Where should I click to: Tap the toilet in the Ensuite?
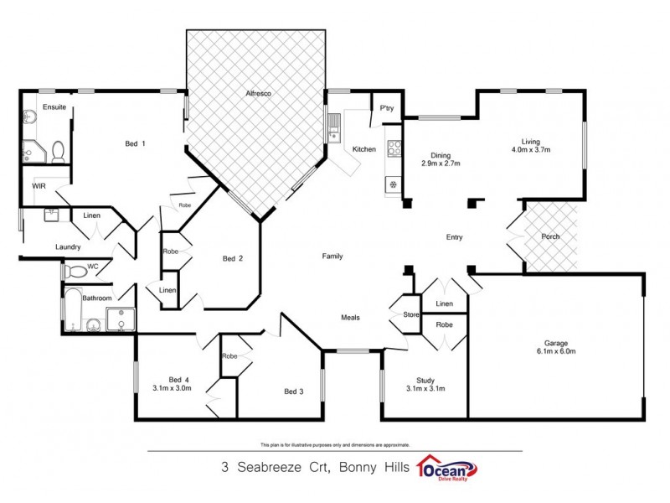pyautogui.click(x=58, y=151)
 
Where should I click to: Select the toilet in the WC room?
pyautogui.click(x=76, y=271)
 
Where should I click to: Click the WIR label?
pyautogui.click(x=39, y=185)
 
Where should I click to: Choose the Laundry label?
pyautogui.click(x=67, y=246)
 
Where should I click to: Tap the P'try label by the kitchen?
pyautogui.click(x=387, y=108)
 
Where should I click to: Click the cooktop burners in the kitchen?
pyautogui.click(x=393, y=149)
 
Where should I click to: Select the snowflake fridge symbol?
pyautogui.click(x=392, y=184)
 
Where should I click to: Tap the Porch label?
pyautogui.click(x=550, y=236)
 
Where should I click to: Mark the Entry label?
pyautogui.click(x=454, y=237)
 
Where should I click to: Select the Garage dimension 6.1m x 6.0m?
pyautogui.click(x=556, y=351)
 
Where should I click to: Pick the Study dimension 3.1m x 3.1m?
pyautogui.click(x=424, y=388)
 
